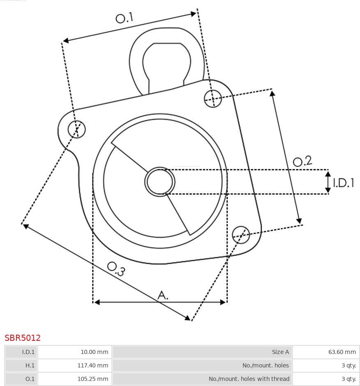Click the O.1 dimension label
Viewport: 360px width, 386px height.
(125, 18)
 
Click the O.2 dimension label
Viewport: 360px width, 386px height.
(302, 161)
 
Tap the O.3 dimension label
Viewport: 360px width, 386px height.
(116, 269)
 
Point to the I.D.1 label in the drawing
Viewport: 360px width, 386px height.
(344, 183)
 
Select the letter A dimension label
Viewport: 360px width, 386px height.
(163, 295)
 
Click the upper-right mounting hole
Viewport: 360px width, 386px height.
(213, 99)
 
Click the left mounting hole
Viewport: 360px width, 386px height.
(76, 129)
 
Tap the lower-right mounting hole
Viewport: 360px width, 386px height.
(241, 235)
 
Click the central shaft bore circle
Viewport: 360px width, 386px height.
(160, 182)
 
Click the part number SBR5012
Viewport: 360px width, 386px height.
(23, 338)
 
